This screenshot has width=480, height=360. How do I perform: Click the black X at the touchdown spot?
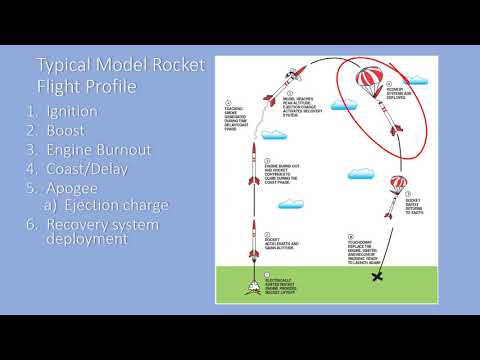coord(378,276)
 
